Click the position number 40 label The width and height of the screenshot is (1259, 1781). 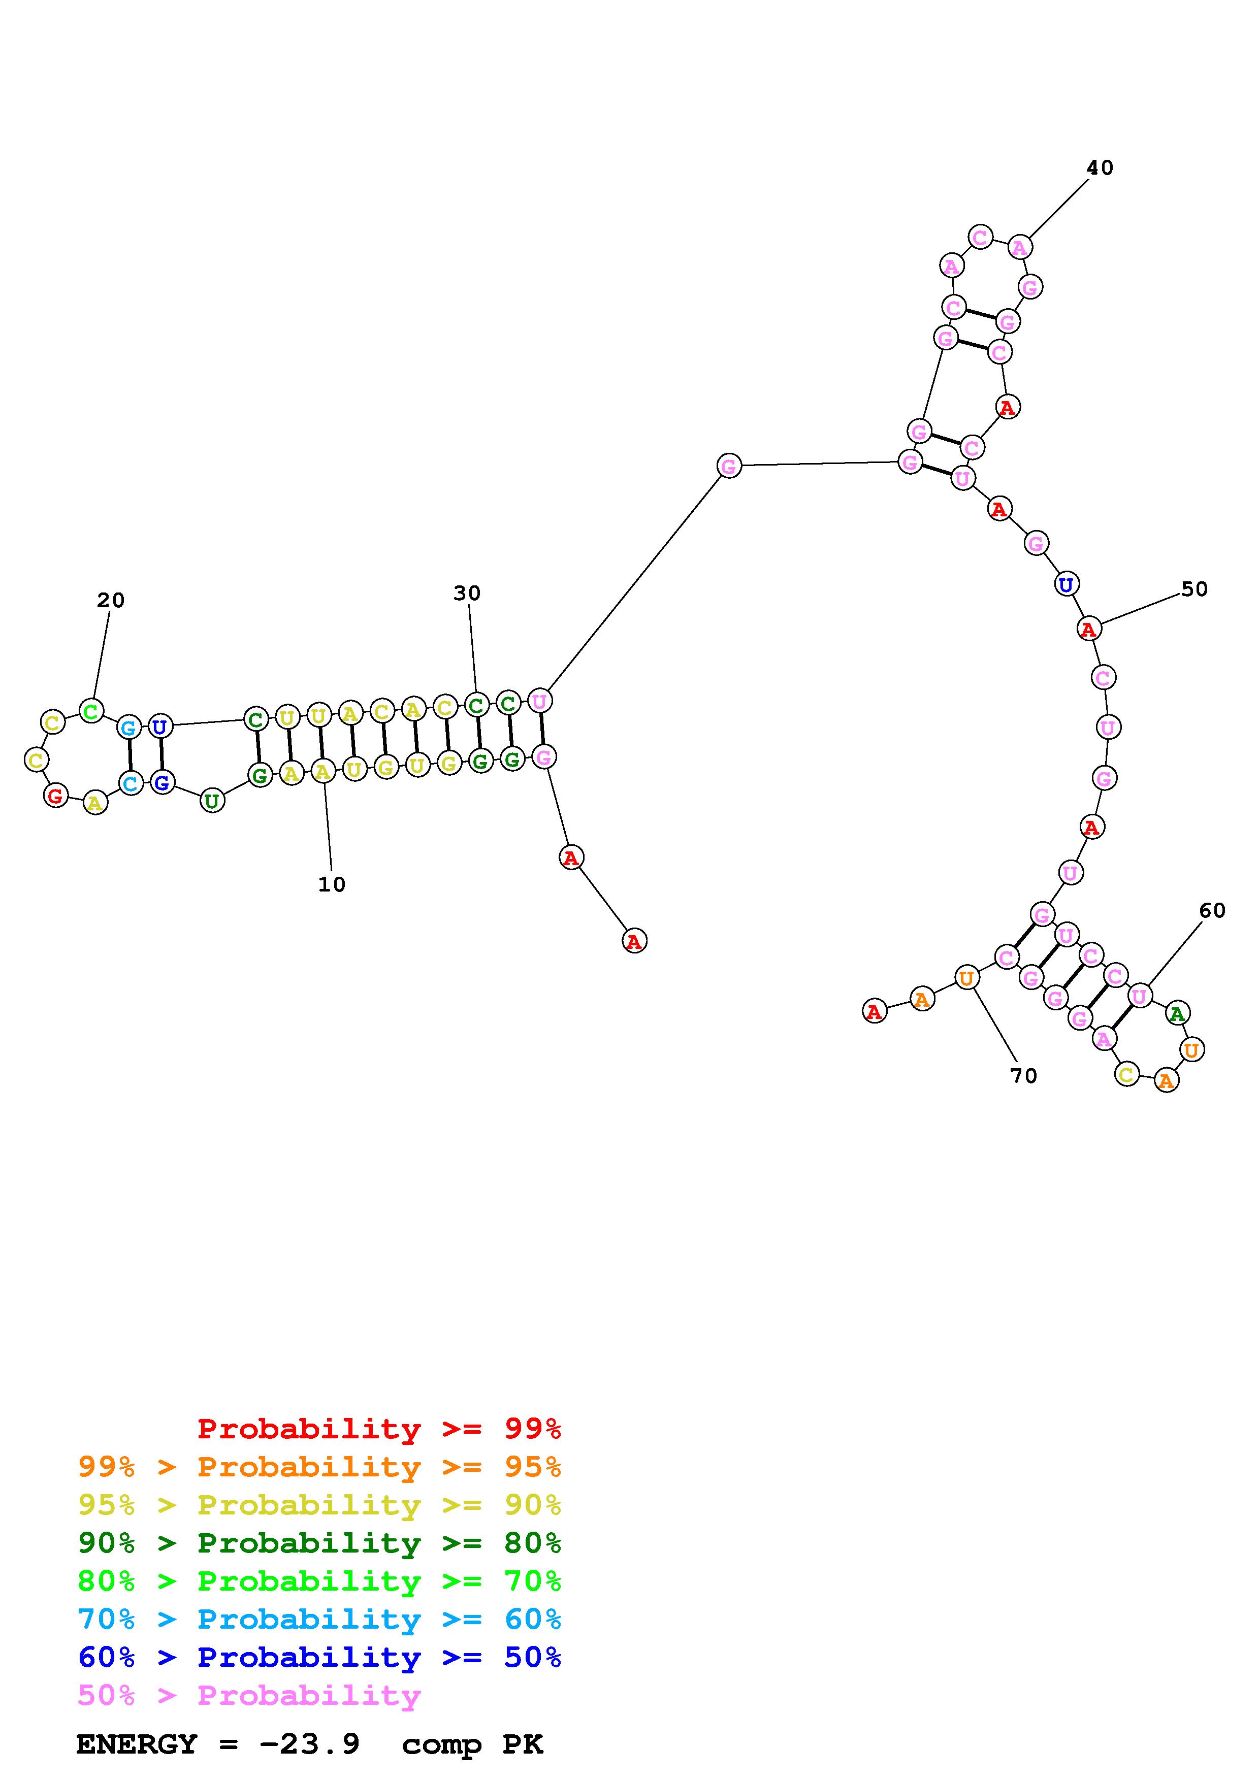pos(1099,168)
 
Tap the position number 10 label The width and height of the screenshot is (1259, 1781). pos(331,884)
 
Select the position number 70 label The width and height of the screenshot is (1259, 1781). pos(1023,1076)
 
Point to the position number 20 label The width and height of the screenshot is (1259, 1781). pos(110,600)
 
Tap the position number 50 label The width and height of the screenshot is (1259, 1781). pos(1194,589)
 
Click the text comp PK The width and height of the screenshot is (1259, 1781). pos(472,1744)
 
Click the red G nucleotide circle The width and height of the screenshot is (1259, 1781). pos(55,795)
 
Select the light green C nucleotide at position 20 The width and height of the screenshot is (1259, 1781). pos(91,711)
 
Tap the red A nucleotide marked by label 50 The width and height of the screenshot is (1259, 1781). pos(1089,629)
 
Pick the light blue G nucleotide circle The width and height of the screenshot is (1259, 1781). pos(129,728)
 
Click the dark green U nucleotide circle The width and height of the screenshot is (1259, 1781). pos(212,800)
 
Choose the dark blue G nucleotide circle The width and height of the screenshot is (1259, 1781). pos(162,783)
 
